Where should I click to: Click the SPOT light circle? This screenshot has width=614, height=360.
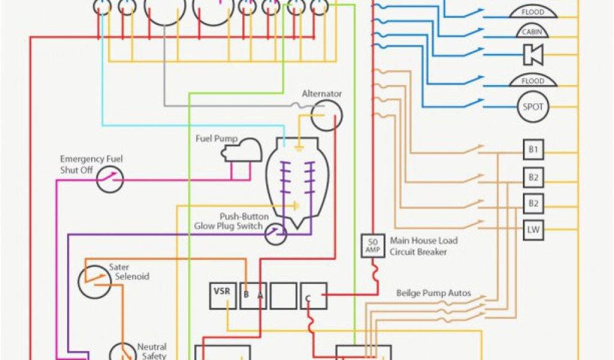tap(533, 107)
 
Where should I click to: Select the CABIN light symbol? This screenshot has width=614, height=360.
tap(533, 32)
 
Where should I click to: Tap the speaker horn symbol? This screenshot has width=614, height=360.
tap(533, 55)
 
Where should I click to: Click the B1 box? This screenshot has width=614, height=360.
tap(533, 150)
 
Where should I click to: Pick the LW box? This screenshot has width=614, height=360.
tap(533, 229)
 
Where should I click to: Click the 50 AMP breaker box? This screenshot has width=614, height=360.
tap(372, 245)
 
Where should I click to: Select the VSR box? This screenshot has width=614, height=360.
tap(222, 296)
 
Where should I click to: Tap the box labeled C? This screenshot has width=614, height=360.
tap(314, 296)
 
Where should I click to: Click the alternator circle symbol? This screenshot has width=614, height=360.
tap(327, 115)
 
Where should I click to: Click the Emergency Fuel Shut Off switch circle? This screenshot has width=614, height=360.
tap(110, 179)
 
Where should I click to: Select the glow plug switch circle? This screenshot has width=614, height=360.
tap(276, 233)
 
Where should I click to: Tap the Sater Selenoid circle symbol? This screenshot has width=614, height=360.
tap(94, 281)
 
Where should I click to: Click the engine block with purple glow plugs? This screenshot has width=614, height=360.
tap(297, 180)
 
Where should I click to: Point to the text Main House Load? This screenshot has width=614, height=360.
tap(423, 241)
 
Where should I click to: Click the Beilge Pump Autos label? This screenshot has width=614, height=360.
tap(433, 294)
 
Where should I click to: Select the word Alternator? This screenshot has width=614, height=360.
tap(321, 94)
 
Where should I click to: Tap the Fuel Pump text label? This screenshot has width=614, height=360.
tap(217, 139)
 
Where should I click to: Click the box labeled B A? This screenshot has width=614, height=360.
tap(253, 296)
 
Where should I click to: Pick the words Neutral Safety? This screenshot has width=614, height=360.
tap(152, 352)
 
